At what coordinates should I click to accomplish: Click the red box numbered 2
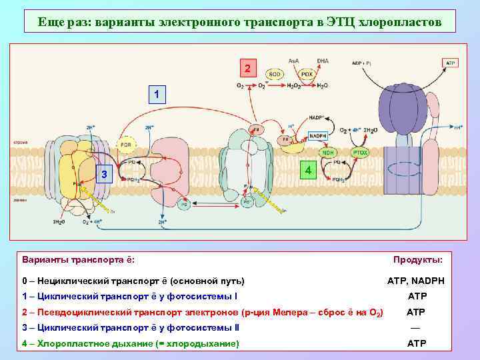[x=248, y=69]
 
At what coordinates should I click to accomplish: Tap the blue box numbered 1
[x=156, y=94]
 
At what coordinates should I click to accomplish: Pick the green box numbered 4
[x=307, y=171]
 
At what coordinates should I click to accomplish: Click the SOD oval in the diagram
[x=274, y=74]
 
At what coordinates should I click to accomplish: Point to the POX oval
[x=307, y=74]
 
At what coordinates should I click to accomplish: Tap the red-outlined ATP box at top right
[x=451, y=62]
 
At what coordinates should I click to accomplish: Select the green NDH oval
[x=328, y=153]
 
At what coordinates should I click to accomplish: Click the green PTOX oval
[x=360, y=153]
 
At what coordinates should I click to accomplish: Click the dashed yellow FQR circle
[x=125, y=144]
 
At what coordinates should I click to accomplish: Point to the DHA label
[x=323, y=61]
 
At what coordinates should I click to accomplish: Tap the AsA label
[x=293, y=61]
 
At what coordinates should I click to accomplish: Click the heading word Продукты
[x=422, y=259]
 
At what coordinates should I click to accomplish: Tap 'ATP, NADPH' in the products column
[x=416, y=281]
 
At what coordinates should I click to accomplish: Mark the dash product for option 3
[x=415, y=328]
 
